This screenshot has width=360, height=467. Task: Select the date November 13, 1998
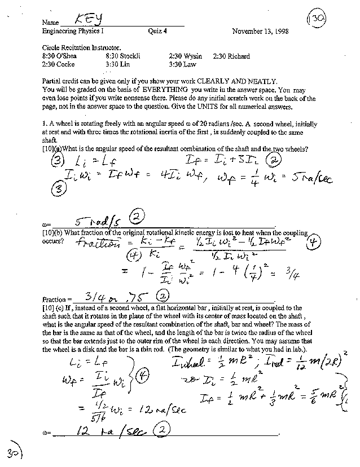[260, 32]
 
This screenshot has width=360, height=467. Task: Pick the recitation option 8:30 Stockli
[122, 56]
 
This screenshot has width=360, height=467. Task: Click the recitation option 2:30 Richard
[231, 56]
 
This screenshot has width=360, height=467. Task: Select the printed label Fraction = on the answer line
[58, 299]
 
